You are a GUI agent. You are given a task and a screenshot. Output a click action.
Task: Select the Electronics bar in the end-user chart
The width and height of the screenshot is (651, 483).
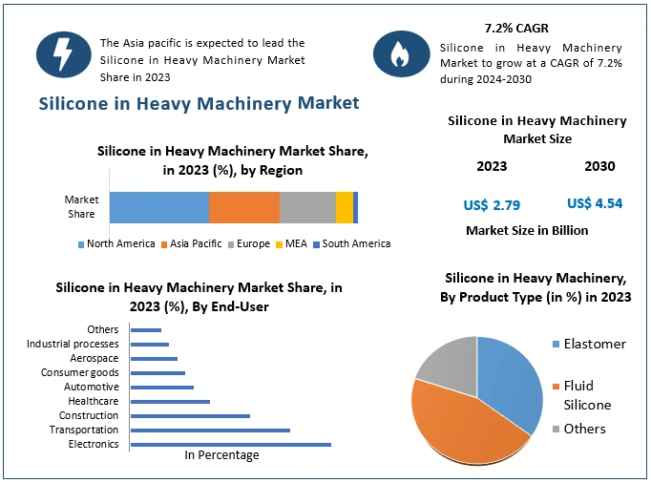[x=230, y=445]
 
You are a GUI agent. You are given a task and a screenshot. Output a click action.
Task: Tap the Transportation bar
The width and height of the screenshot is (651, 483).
[x=210, y=430]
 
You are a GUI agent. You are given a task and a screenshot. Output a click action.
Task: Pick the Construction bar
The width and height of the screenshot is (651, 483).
[x=190, y=416]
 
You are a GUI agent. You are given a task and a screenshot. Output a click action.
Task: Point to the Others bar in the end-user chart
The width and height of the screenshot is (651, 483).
[x=146, y=330]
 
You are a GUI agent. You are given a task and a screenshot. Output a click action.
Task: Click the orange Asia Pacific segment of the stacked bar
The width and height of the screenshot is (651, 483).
[x=244, y=207]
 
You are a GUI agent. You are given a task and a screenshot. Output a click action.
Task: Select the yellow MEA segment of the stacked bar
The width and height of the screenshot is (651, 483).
[x=344, y=207]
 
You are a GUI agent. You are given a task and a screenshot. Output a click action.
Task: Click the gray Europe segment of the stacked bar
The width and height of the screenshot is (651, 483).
[x=307, y=207]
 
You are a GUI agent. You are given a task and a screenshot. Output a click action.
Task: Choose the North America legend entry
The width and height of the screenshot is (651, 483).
[x=115, y=244]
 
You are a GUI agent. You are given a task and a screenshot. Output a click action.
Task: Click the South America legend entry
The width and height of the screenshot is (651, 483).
[x=351, y=244]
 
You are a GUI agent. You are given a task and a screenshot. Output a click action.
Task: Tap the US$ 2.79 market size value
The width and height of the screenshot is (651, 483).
[x=492, y=204]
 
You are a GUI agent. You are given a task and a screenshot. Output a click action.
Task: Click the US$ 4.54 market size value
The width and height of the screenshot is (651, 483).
[x=595, y=203]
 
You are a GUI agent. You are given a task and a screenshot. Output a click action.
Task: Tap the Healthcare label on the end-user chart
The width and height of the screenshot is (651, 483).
[x=94, y=402]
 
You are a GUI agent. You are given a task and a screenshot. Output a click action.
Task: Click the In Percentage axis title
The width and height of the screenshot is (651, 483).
[x=221, y=455]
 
